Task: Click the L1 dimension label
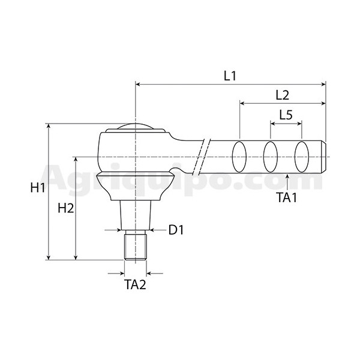[230, 76]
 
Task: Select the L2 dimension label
[283, 95]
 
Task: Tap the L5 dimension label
[286, 115]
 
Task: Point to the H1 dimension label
[38, 188]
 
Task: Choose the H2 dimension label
[66, 208]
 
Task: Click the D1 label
[176, 230]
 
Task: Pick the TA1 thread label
[287, 197]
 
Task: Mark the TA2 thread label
[136, 284]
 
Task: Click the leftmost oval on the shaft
[239, 157]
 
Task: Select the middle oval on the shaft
[271, 157]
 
